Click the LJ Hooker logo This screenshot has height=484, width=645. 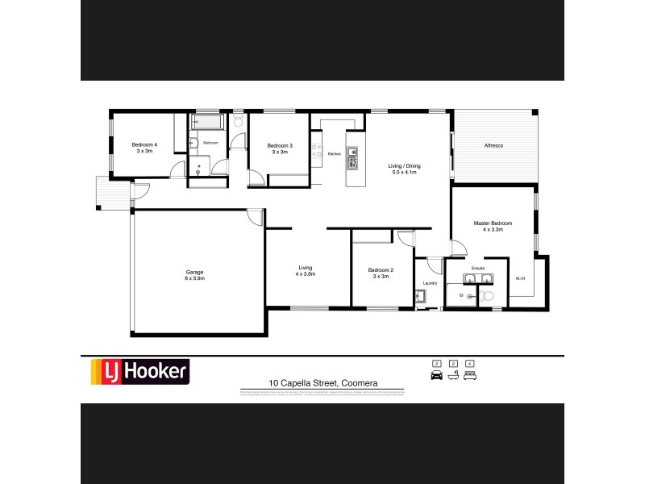tap(139, 371)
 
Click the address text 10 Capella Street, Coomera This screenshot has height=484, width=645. tap(322, 383)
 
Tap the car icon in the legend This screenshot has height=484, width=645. tap(437, 376)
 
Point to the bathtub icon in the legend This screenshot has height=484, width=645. tap(453, 376)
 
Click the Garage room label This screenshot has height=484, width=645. tap(194, 272)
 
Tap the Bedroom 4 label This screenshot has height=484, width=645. tap(145, 144)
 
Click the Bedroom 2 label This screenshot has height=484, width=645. tap(381, 269)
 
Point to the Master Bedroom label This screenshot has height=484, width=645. tap(493, 223)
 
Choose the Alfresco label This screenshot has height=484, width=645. tap(493, 144)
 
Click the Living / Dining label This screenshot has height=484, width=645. tap(406, 166)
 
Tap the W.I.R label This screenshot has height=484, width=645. tap(520, 278)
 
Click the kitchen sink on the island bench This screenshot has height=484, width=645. tap(352, 151)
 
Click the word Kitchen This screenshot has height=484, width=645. tap(334, 153)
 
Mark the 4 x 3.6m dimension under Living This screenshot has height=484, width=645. tap(306, 274)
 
